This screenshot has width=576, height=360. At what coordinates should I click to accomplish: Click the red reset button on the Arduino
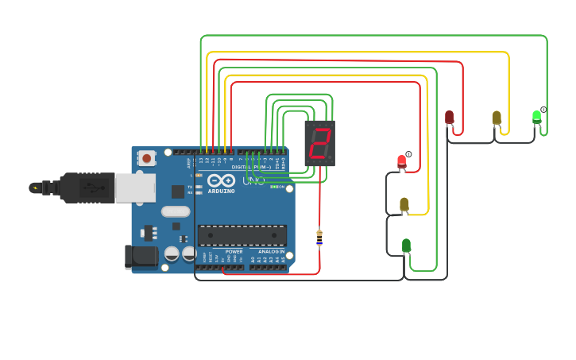147,158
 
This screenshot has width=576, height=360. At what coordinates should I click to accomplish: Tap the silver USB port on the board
134,188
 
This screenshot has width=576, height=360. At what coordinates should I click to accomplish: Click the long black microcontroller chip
242,235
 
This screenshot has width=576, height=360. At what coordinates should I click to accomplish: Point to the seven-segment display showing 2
319,143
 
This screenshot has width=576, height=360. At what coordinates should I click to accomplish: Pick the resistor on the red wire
319,237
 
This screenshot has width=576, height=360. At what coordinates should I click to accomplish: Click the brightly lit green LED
537,117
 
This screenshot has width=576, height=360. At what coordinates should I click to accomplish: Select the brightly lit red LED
402,162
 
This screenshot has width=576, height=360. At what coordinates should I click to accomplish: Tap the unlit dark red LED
449,118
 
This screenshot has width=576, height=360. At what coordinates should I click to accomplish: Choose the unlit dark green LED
406,246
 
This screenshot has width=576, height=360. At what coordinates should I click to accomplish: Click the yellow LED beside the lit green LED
497,118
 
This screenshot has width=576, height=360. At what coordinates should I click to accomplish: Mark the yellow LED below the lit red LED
404,204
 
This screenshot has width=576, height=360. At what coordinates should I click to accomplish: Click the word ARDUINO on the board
221,191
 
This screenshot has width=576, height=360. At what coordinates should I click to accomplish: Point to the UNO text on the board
253,181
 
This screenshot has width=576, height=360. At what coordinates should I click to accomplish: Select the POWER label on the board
234,251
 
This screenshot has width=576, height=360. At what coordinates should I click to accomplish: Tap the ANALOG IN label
271,251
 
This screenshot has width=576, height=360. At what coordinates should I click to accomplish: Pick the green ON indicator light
273,187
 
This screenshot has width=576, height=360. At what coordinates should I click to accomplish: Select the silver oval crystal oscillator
176,211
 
